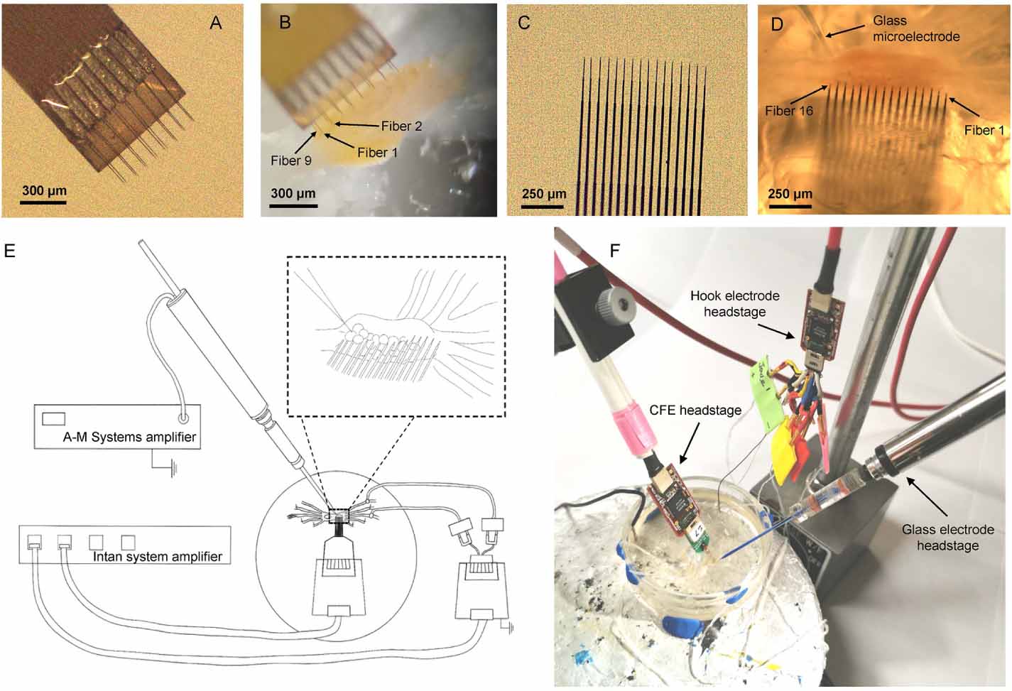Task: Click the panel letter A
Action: point(216,23)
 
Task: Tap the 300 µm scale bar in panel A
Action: point(43,202)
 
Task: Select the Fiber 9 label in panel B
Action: point(290,160)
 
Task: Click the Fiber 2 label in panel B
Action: point(401,126)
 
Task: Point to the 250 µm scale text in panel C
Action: point(544,194)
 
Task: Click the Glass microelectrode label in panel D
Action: point(916,28)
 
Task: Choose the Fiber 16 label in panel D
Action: point(789,111)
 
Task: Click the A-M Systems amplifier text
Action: point(129,437)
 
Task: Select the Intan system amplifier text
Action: point(158,556)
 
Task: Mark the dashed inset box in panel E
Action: point(396,336)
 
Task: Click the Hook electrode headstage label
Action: point(734,303)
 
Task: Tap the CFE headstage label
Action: point(695,410)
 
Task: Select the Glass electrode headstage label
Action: point(947,537)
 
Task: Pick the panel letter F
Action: point(615,250)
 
